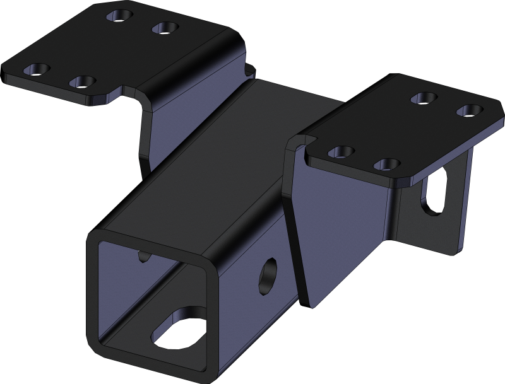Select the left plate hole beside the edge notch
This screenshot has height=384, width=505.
[x=82, y=81]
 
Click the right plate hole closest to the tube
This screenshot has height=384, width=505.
[x=341, y=151]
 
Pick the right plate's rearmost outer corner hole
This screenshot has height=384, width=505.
[x=468, y=110]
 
